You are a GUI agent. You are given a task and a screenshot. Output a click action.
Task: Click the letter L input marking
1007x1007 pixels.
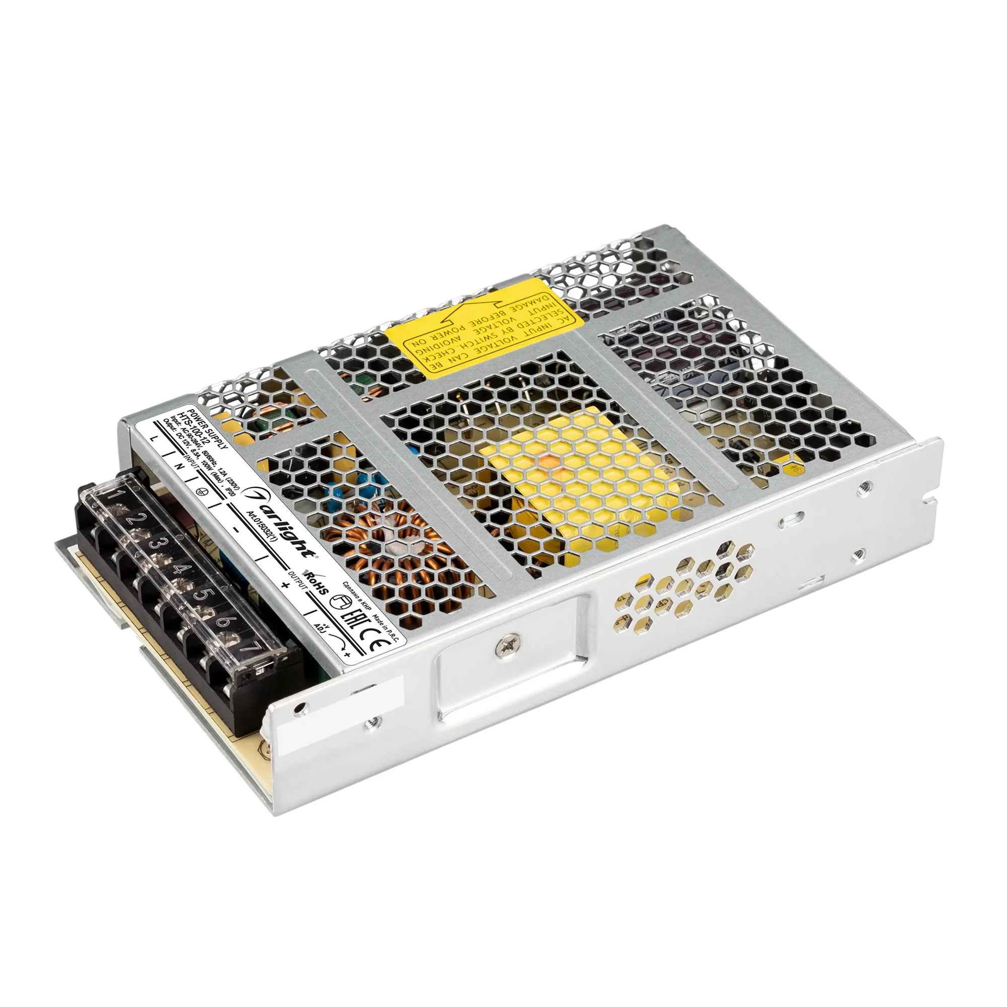pyautogui.click(x=153, y=439)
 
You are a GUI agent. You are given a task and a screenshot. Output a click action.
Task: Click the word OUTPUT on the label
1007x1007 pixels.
pyautogui.click(x=298, y=580)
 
